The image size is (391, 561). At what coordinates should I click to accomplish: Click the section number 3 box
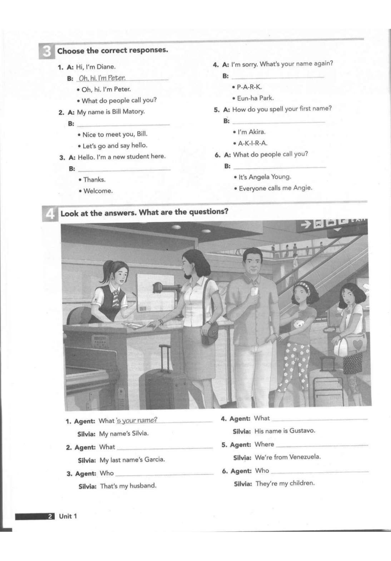coord(46,51)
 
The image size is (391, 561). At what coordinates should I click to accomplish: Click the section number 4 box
coord(50,214)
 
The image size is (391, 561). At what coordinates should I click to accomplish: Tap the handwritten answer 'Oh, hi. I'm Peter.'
coord(102,78)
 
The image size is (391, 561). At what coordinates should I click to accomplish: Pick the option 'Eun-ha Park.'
coord(255,98)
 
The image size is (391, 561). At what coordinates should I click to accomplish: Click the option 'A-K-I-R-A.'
coord(252,143)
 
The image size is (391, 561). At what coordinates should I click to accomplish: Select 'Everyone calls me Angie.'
coord(275,188)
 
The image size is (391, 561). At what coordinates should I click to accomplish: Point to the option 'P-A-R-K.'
coord(249,87)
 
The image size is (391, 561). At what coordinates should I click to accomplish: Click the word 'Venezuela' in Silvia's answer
coord(305,457)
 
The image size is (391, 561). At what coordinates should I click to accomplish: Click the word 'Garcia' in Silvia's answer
coord(154,459)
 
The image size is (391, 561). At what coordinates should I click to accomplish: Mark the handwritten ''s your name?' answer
coord(137,420)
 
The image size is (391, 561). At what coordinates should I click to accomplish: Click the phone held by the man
coord(254,292)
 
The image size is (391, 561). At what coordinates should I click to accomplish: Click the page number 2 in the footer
coord(50,516)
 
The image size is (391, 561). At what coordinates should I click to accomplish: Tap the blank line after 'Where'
coord(322,445)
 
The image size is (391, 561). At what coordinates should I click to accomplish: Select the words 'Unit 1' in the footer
coord(68,516)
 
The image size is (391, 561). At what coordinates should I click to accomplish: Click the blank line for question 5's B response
coord(278,122)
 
